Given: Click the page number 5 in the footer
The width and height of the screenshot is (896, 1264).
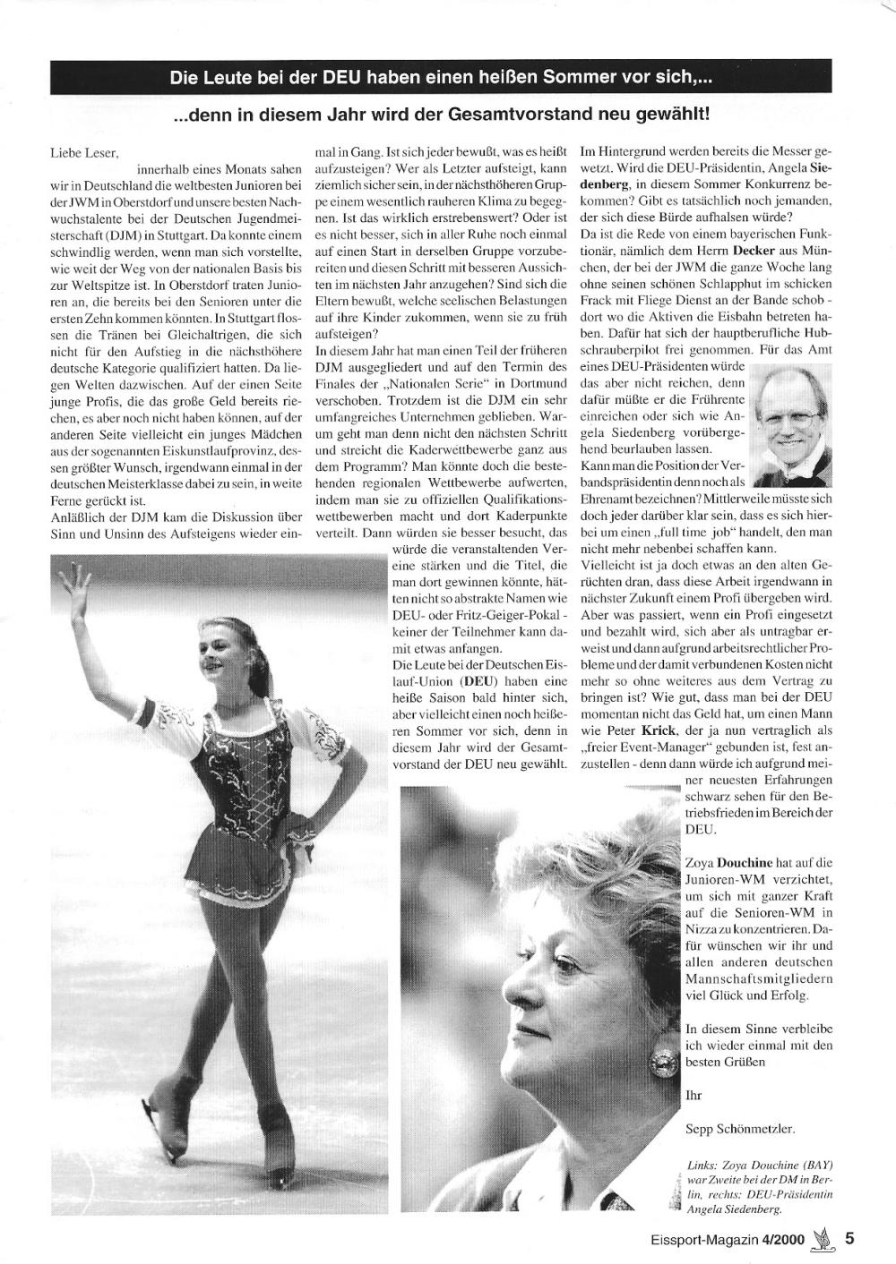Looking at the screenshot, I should [849, 1240].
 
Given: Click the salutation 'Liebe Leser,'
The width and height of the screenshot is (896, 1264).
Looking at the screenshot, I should [84, 154].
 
